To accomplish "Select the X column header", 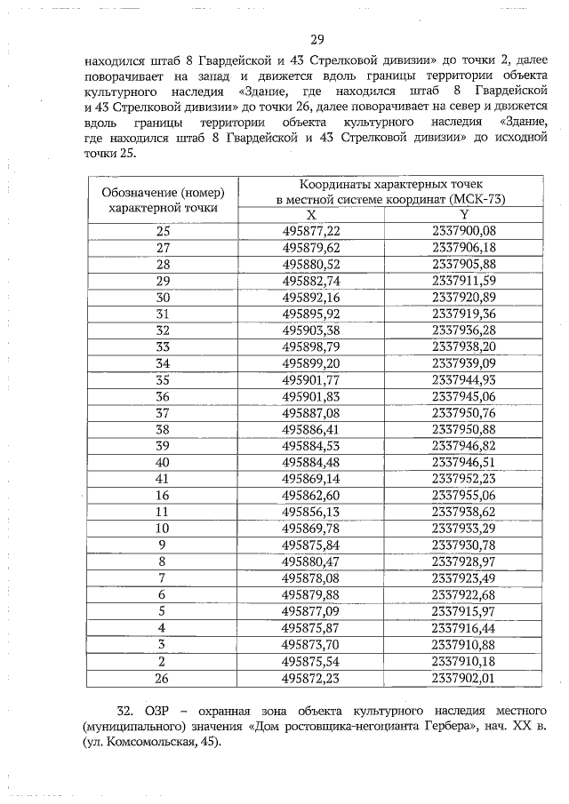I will pos(311,215).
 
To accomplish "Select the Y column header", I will pos(463,215).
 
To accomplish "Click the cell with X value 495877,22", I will pos(311,231).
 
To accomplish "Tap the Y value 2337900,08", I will pos(463,231).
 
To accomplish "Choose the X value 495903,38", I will pos(311,329).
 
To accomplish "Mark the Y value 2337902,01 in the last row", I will pos(463,679).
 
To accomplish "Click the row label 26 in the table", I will pos(163,679).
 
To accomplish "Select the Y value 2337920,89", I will pos(463,296).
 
